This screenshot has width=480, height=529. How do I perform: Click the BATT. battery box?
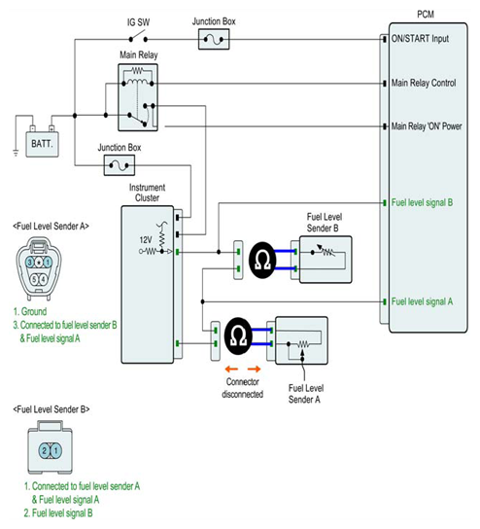click(x=43, y=144)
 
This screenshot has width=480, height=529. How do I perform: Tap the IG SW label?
click(x=138, y=22)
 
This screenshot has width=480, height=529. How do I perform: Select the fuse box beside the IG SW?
click(x=214, y=39)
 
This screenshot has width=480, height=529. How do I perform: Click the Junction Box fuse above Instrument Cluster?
click(x=120, y=165)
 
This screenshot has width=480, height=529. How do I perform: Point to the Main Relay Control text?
click(x=424, y=83)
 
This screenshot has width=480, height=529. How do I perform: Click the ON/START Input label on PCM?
click(x=420, y=39)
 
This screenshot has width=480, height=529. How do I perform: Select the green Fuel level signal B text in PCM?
click(x=422, y=203)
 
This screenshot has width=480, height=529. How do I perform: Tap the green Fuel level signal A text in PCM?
click(x=422, y=301)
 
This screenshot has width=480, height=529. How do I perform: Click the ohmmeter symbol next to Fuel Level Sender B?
click(x=262, y=261)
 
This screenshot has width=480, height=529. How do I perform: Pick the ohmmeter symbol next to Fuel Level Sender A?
click(x=238, y=336)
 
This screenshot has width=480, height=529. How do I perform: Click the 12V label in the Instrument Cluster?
click(x=146, y=240)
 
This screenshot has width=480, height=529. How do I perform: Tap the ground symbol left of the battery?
click(x=16, y=153)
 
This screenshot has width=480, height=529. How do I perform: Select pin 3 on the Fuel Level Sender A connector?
click(x=30, y=263)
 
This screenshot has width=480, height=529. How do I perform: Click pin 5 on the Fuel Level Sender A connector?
click(x=34, y=279)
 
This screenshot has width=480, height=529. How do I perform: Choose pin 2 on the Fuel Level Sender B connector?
click(x=45, y=450)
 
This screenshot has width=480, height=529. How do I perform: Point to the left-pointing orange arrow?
click(x=232, y=369)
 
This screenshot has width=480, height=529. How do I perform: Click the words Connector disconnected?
click(x=243, y=388)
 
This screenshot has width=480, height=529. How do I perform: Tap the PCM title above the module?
click(x=426, y=15)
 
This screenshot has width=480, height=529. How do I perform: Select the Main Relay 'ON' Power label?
click(x=427, y=126)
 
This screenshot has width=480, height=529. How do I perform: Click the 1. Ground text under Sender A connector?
click(x=30, y=311)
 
